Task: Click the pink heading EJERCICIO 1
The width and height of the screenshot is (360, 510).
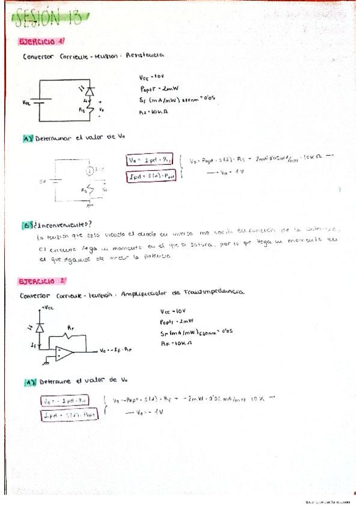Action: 42,41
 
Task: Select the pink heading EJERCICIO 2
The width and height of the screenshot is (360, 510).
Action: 43,281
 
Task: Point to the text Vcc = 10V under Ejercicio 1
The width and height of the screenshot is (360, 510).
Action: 151,77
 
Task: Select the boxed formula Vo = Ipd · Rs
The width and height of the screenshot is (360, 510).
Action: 150,160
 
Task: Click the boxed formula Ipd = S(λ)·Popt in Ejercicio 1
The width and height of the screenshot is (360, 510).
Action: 149,176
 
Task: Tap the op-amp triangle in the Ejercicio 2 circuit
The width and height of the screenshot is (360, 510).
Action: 62,352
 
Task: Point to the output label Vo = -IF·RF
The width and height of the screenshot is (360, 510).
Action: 117,350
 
